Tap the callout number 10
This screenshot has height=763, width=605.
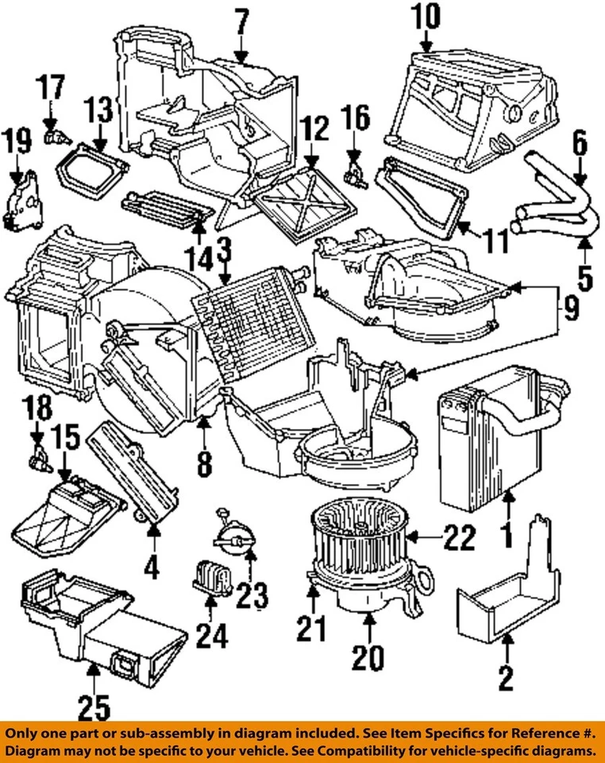pyautogui.click(x=426, y=16)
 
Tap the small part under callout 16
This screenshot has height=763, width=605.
pyautogui.click(x=353, y=169)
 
